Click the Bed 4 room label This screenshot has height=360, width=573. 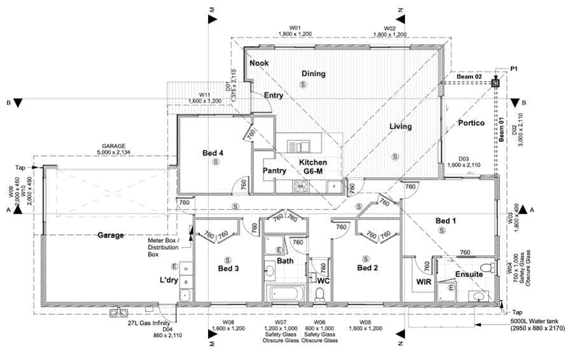[213, 153]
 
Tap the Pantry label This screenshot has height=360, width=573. [274, 171]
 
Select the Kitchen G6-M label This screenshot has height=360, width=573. [313, 166]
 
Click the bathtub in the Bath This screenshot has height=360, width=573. [286, 293]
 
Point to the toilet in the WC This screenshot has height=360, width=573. [320, 294]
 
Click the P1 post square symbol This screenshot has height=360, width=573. [495, 83]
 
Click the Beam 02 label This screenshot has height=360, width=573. [469, 77]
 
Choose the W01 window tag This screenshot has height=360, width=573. [295, 31]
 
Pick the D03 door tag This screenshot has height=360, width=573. [463, 162]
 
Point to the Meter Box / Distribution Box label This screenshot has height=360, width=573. [164, 247]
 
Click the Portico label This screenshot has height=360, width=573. [471, 123]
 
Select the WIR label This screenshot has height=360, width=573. [423, 282]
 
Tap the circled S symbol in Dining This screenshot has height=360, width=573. [303, 85]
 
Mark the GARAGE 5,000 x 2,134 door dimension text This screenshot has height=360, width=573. [114, 149]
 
